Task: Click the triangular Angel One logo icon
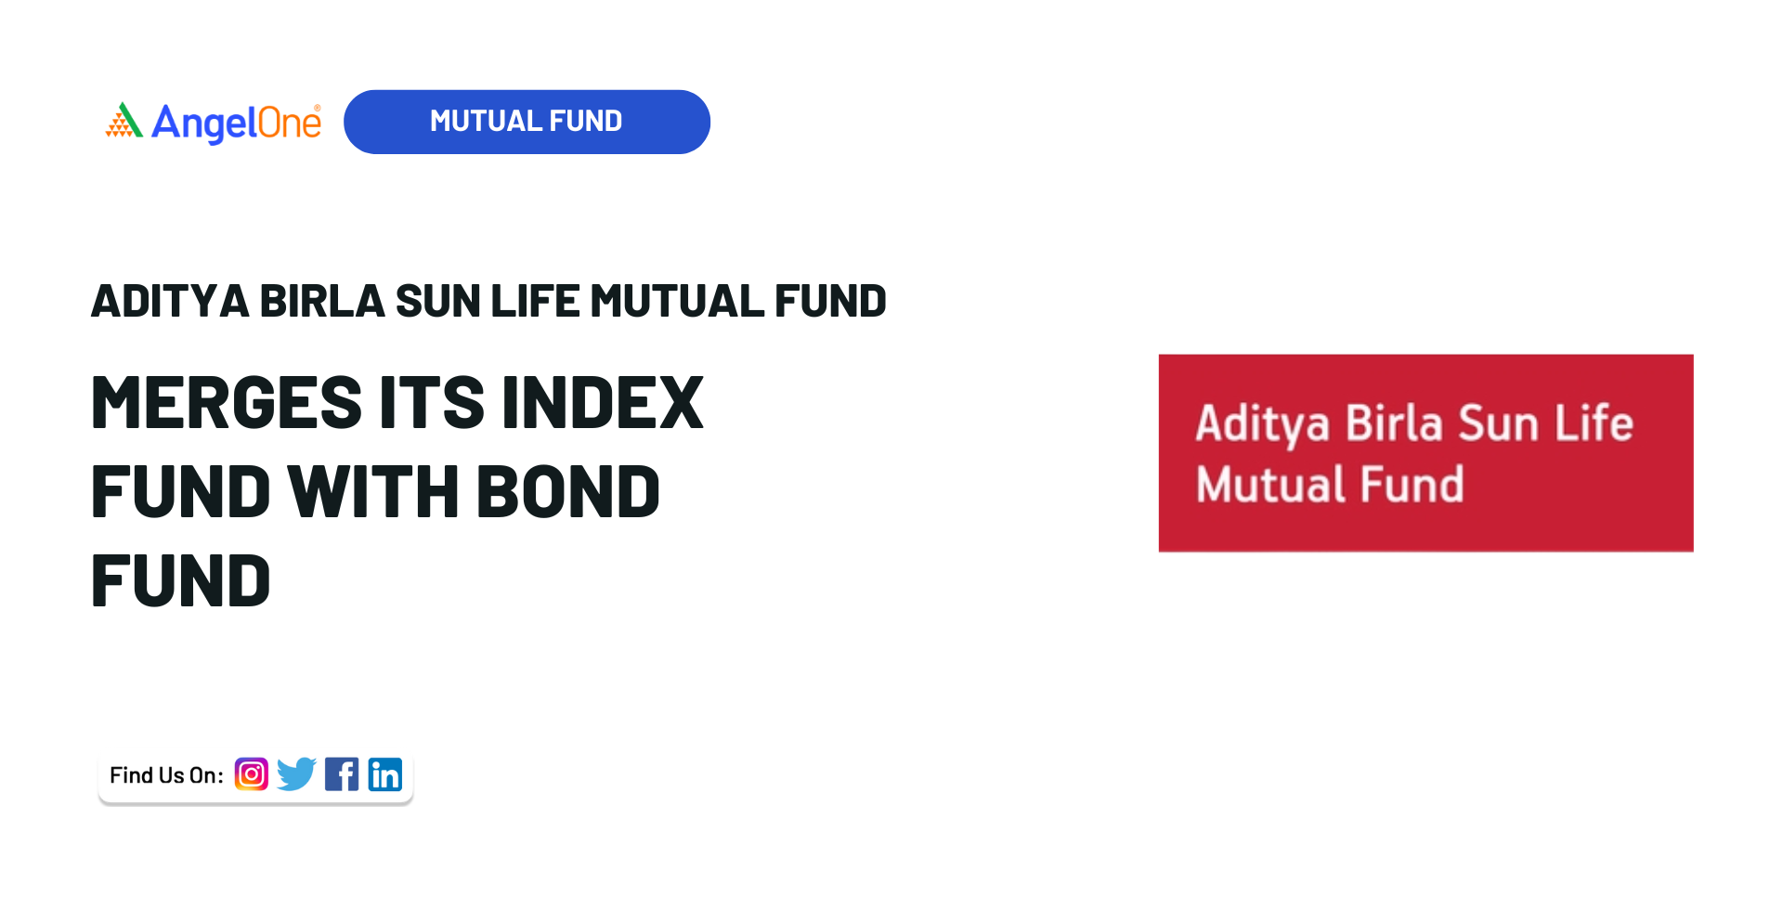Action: point(124,120)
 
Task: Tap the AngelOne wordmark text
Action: point(236,123)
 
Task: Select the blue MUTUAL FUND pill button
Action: point(527,122)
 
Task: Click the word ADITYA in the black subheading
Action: point(170,301)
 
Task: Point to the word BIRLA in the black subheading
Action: point(321,301)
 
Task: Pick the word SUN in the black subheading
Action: point(437,301)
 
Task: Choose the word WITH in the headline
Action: point(373,491)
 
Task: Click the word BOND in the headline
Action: point(568,491)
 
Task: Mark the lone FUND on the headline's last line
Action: point(181,580)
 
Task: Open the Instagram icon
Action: point(252,773)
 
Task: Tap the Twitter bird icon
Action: point(296,773)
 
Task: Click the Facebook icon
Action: point(342,773)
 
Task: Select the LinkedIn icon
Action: point(385,773)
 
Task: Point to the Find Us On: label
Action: point(166,775)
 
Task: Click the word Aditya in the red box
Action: point(1263,424)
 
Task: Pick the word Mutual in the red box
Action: point(1271,485)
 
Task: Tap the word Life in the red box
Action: point(1594,423)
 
